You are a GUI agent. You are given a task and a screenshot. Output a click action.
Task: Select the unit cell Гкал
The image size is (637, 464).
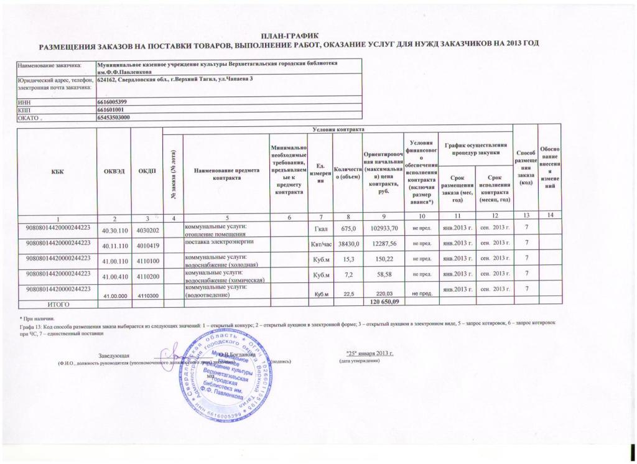click(x=321, y=229)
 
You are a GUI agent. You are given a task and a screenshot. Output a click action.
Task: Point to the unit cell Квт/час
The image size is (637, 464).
click(x=321, y=243)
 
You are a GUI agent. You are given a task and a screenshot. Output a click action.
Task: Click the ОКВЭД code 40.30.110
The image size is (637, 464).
click(x=113, y=230)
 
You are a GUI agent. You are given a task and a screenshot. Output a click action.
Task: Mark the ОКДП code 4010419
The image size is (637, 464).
click(x=147, y=244)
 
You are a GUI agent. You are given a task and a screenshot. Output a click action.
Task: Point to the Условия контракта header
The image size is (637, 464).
click(x=337, y=129)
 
